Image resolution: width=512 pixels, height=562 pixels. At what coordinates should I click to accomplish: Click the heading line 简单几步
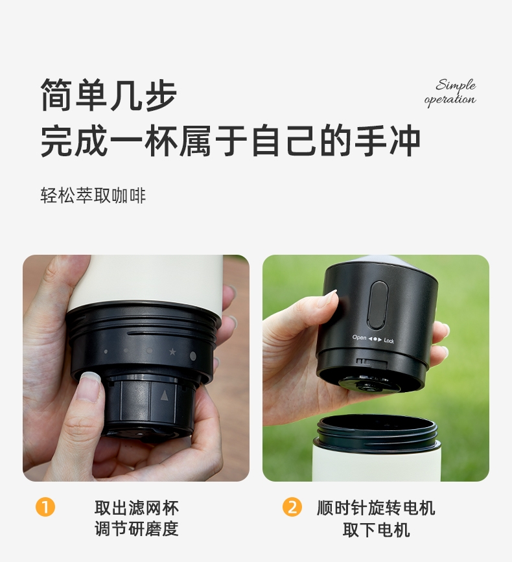109,95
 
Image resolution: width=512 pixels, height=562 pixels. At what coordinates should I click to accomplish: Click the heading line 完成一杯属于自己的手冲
230,141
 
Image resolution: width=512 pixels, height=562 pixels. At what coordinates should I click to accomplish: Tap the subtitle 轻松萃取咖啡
93,195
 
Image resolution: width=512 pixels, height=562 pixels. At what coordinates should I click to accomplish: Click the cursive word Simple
456,86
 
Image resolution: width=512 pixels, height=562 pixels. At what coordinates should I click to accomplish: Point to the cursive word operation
450,99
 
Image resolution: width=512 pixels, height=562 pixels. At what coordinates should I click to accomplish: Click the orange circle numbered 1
45,507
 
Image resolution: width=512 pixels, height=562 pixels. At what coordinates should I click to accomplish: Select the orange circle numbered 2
292,507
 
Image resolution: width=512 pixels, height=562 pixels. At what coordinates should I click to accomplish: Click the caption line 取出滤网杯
137,508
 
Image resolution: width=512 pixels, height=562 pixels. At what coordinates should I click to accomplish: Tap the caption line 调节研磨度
137,529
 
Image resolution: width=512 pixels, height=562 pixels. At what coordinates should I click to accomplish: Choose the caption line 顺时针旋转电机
376,508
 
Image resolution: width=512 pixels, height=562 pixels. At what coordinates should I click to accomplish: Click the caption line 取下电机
376,530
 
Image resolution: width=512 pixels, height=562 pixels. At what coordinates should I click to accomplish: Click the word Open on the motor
359,338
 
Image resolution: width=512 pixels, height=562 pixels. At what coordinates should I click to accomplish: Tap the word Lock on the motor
389,340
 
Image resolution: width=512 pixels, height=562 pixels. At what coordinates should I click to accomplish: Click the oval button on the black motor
378,305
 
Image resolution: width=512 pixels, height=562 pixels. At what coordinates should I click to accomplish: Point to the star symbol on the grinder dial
172,351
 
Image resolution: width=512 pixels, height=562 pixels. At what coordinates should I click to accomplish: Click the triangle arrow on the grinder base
164,395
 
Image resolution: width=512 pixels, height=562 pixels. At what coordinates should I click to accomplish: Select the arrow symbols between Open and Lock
375,339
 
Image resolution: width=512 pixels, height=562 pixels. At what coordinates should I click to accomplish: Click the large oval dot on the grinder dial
192,356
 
